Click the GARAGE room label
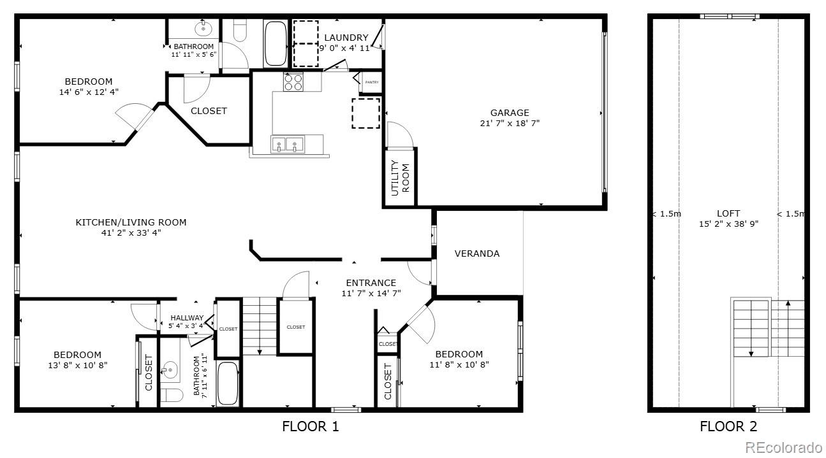(x=510, y=113)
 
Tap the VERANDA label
(x=477, y=254)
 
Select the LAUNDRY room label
(x=346, y=38)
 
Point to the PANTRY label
(x=372, y=82)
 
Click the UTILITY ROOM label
(x=400, y=178)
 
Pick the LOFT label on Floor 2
(x=728, y=213)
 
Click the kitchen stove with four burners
(x=293, y=82)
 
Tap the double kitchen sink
(x=287, y=145)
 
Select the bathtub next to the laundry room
(x=276, y=43)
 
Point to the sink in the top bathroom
(x=203, y=28)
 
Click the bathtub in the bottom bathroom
(x=228, y=383)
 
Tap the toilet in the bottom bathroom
(x=172, y=395)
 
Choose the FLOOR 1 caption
(x=310, y=426)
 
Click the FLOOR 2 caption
(x=728, y=426)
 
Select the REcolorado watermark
(x=784, y=447)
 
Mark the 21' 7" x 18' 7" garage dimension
(x=510, y=124)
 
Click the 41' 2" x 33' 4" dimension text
(x=131, y=233)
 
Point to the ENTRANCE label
(x=371, y=283)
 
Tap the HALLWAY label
(x=187, y=318)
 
